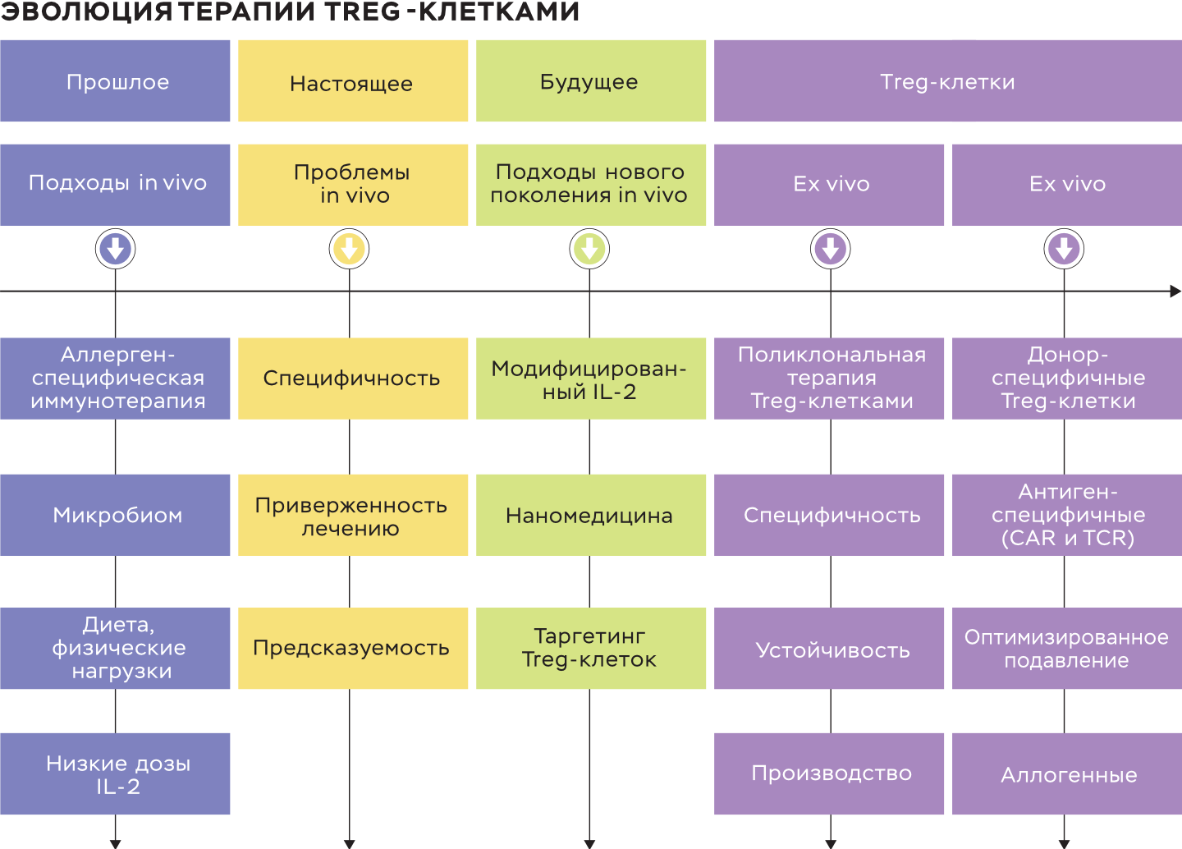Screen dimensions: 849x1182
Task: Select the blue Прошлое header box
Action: tap(115, 81)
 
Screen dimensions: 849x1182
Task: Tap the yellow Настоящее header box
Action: tap(353, 81)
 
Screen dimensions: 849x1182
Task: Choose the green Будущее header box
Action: tap(591, 81)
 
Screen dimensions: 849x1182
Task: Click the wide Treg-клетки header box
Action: tap(948, 81)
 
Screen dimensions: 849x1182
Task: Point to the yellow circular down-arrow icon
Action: tap(350, 249)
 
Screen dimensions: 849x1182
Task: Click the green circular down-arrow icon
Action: tap(589, 249)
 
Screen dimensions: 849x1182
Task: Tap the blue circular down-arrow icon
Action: tap(115, 249)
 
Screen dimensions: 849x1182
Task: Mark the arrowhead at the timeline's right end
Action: tap(1175, 291)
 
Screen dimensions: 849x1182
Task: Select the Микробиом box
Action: tap(115, 515)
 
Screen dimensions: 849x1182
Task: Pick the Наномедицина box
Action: tap(591, 515)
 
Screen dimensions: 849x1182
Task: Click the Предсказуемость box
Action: tap(353, 648)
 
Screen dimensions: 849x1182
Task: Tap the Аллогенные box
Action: tap(1067, 773)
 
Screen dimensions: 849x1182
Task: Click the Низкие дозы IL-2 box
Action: tap(115, 773)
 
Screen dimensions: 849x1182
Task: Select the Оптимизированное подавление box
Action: tap(1067, 648)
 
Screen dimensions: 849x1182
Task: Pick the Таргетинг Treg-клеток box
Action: tap(591, 648)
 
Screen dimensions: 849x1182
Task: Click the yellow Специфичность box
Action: tap(353, 379)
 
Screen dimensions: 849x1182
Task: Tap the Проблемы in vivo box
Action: tap(353, 185)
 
